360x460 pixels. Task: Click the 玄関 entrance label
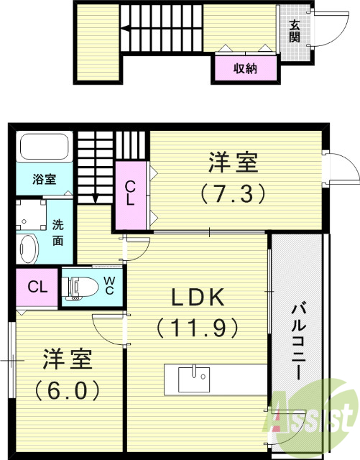[295, 30]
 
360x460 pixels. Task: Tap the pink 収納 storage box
[245, 69]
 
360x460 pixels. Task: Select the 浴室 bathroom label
[42, 180]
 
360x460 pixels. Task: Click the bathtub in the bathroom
[43, 149]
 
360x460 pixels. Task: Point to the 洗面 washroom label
[58, 231]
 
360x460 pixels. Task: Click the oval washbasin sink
[28, 247]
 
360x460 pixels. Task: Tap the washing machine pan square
[30, 213]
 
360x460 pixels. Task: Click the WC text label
[109, 285]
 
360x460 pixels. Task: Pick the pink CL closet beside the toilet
[37, 287]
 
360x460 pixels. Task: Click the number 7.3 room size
[234, 193]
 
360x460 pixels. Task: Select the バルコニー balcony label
[295, 341]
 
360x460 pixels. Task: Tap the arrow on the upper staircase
[126, 29]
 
